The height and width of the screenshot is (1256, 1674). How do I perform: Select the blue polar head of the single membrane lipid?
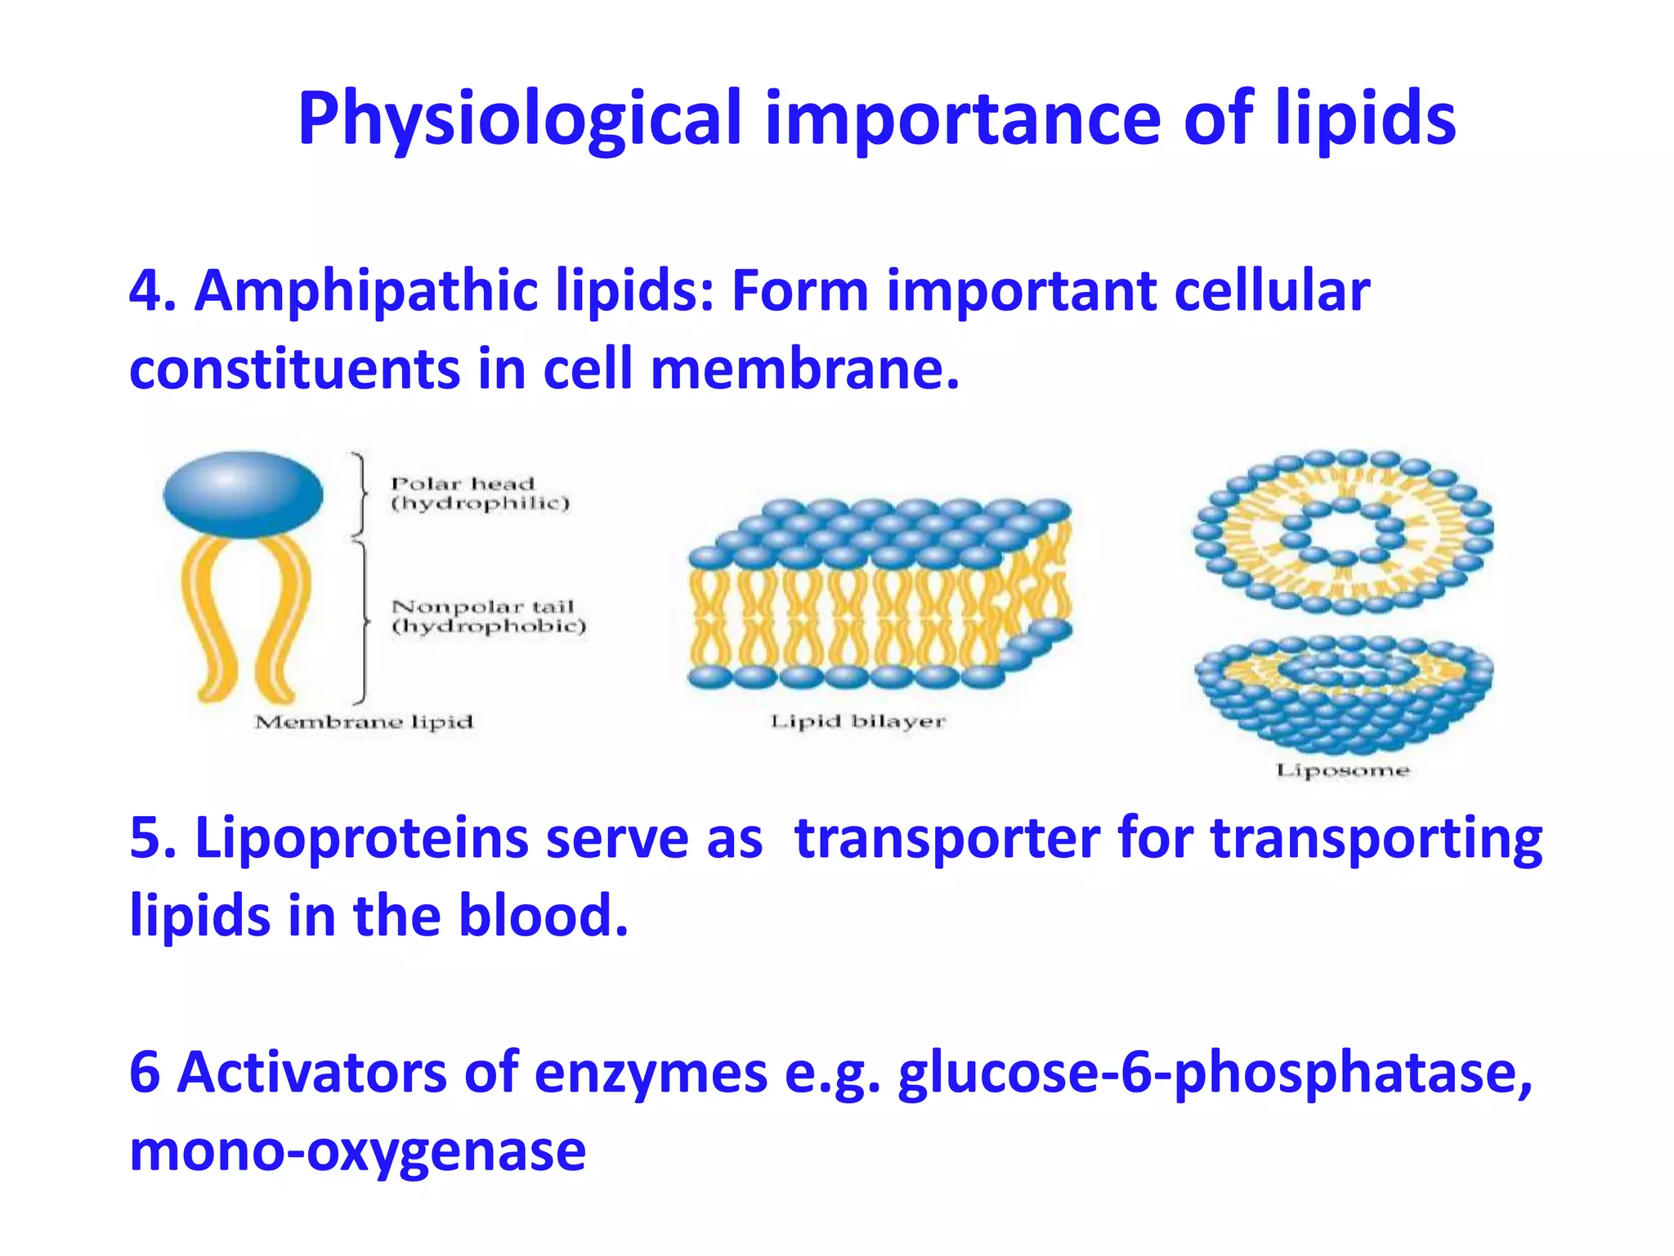243,494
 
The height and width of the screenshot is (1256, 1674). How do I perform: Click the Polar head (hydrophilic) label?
479,493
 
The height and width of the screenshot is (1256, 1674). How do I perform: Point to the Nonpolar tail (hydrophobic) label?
488,616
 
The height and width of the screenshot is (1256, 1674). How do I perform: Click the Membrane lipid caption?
364,722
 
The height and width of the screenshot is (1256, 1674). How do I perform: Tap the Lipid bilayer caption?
857,721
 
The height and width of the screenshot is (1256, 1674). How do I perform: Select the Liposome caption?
1342,770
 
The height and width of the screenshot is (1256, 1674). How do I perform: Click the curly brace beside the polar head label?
360,493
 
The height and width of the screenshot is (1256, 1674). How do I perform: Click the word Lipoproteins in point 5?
360,839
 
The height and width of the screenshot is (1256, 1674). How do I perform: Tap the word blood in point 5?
543,916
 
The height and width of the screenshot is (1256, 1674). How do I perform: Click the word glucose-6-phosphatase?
1215,1073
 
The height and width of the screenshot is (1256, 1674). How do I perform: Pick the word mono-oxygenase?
357,1151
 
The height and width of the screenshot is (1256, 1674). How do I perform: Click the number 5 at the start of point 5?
144,839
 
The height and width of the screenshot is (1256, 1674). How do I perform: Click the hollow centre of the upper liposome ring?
1343,534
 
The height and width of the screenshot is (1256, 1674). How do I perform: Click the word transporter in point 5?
947,839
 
